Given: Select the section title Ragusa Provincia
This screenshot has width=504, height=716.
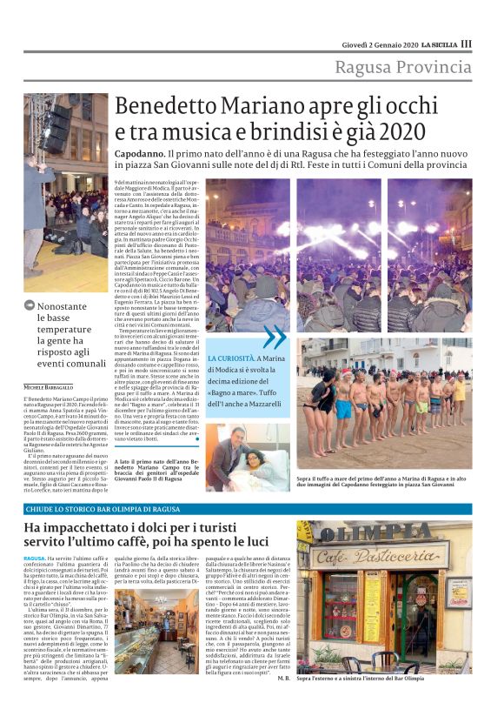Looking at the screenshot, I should pyautogui.click(x=403, y=67).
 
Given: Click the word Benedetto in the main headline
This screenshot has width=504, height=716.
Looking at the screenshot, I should pyautogui.click(x=170, y=107).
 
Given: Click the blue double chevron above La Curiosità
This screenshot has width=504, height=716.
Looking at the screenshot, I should pyautogui.click(x=275, y=337).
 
